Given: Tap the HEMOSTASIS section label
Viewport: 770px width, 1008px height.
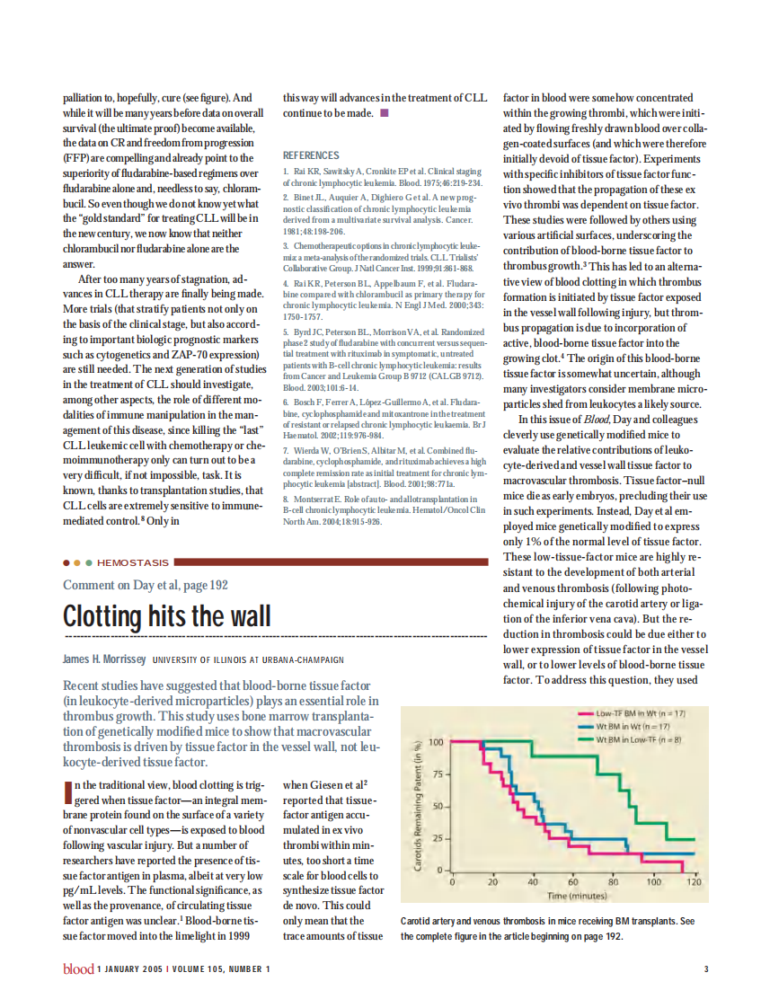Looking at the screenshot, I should pos(132,562).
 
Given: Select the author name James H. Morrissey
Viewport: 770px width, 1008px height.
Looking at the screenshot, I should pos(104,659).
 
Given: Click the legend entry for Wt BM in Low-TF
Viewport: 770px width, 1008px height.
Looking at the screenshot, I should pos(639,739).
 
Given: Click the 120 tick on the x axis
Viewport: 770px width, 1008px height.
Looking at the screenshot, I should pos(694,883).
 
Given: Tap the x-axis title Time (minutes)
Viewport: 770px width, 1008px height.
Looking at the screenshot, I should pos(572,896).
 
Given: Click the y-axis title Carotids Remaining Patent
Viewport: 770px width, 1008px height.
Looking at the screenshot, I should pos(419,806).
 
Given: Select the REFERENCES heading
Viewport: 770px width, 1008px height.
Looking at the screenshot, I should pos(311,155).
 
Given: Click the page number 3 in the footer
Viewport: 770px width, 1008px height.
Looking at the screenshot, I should pos(705,968).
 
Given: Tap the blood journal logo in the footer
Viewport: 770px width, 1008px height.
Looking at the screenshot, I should pos(77,968).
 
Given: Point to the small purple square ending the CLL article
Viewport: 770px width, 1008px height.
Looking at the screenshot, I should pos(385,113).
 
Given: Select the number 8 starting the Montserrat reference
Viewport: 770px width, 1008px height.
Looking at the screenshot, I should pos(286,499).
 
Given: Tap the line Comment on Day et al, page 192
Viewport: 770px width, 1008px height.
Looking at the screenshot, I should pos(146,586).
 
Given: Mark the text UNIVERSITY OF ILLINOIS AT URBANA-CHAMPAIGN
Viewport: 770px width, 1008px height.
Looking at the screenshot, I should pos(248,659).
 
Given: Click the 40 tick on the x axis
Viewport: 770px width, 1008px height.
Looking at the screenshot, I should pos(532,883).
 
